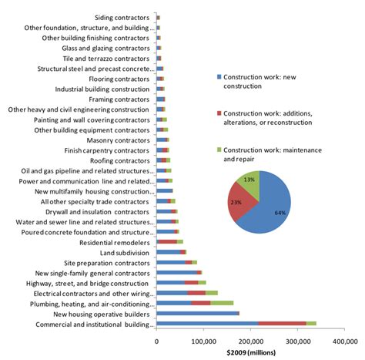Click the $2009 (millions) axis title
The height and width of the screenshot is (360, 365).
pos(251,353)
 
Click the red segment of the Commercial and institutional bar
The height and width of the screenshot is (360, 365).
pos(282,324)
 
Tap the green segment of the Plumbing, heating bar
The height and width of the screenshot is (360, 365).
pos(222,303)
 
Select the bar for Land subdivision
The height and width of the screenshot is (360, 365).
pos(171,251)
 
